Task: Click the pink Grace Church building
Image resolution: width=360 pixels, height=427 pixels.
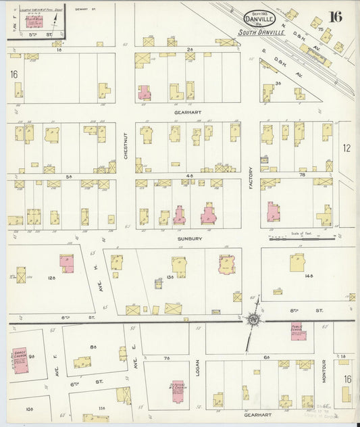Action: (x=19, y=359)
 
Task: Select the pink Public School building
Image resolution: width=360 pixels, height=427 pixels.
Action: (x=298, y=333)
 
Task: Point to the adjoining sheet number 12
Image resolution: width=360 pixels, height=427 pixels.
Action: (x=346, y=147)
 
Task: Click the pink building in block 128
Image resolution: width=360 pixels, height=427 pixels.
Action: (x=67, y=261)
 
